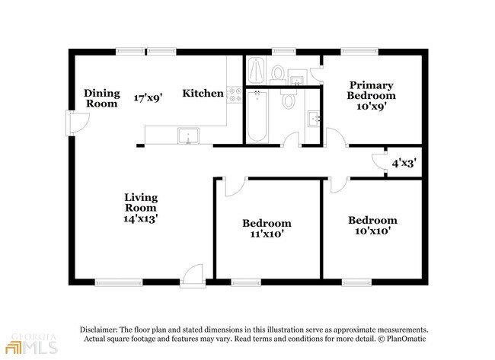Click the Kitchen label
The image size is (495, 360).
(203, 94)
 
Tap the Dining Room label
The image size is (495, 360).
(102, 98)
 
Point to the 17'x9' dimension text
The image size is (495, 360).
(148, 98)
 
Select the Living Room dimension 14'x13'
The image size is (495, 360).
(140, 218)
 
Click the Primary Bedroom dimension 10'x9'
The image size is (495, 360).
(372, 107)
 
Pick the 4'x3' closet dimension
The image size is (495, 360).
(404, 163)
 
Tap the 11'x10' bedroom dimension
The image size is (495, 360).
(267, 234)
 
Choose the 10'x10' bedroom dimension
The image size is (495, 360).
(373, 231)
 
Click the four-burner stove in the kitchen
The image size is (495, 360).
(235, 94)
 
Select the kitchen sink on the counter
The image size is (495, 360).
(188, 135)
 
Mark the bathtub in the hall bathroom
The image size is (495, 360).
(257, 116)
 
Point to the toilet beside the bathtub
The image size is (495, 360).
(288, 98)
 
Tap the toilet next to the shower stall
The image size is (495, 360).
(278, 75)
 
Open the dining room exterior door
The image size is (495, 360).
(78, 123)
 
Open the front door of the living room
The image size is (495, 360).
(193, 276)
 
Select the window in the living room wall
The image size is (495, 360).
(119, 282)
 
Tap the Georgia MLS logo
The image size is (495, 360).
(33, 343)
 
